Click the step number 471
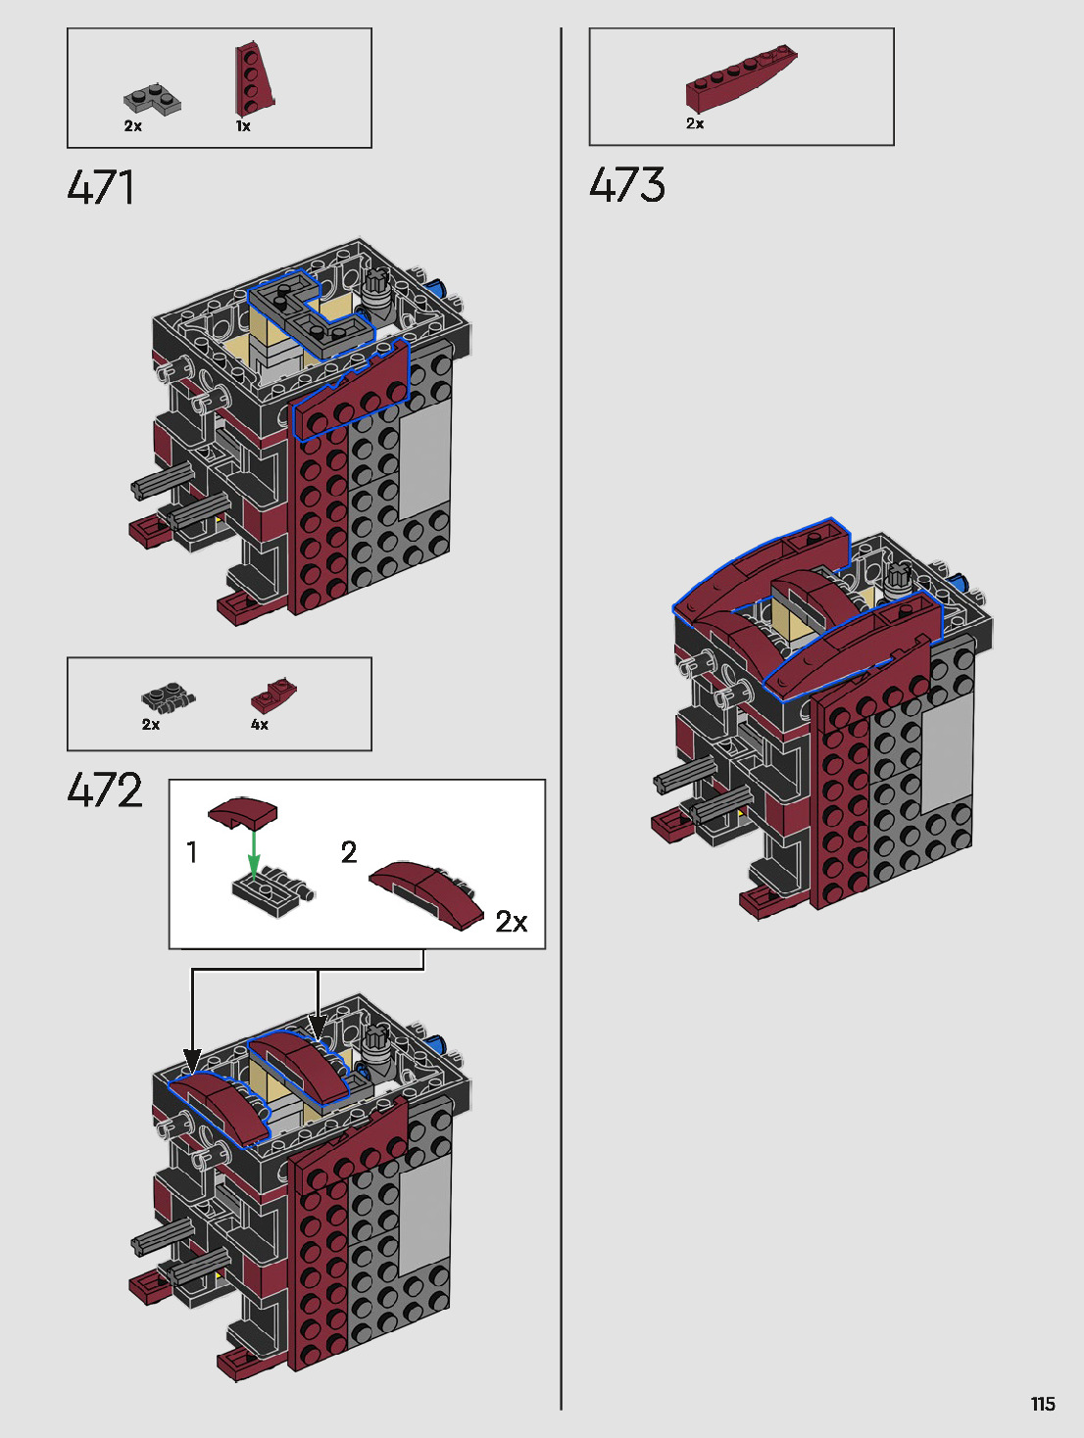100,187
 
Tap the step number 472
105,790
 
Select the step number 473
627,184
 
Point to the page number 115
1043,1404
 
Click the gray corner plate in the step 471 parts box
152,100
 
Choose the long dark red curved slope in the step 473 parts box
741,77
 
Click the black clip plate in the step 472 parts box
169,699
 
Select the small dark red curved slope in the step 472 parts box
273,695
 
